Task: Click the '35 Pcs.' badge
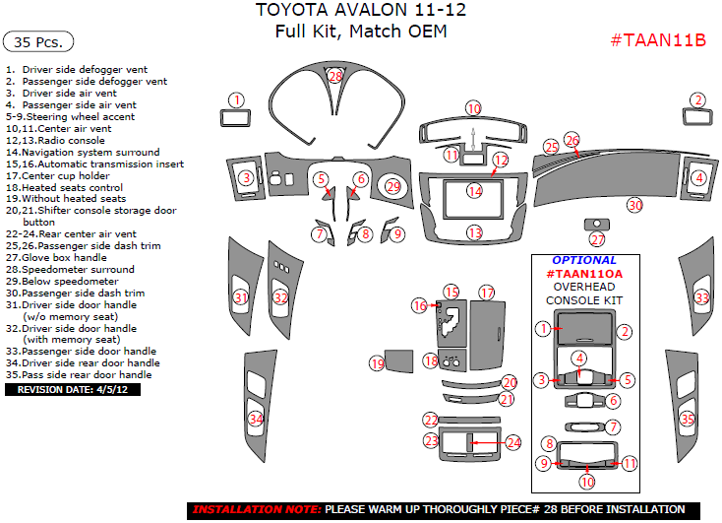tap(39, 42)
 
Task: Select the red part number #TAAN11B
tap(659, 40)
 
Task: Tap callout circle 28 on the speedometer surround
tap(335, 76)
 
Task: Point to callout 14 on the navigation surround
tap(475, 191)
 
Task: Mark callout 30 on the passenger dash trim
tap(635, 205)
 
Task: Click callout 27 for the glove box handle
tap(597, 239)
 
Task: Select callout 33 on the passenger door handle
tap(701, 297)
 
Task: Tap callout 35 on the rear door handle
tap(688, 420)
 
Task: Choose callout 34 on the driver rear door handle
tap(256, 419)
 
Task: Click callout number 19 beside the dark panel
tap(377, 363)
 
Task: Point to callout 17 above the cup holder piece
tap(486, 293)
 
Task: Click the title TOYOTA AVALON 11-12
tap(361, 11)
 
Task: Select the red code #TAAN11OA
tap(585, 273)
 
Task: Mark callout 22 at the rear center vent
tap(430, 421)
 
